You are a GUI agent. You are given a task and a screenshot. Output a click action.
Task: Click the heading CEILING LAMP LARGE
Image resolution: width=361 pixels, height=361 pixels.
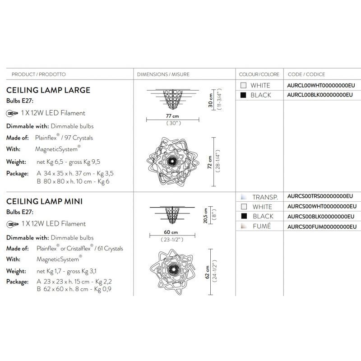click(x=48, y=90)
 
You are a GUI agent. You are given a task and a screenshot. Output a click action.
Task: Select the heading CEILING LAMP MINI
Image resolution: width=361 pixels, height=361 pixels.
click(x=44, y=201)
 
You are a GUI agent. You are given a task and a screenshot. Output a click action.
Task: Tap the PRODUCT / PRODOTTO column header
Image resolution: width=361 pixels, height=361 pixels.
click(x=39, y=74)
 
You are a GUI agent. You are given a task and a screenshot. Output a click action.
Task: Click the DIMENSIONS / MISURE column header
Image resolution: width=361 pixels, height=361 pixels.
click(x=163, y=74)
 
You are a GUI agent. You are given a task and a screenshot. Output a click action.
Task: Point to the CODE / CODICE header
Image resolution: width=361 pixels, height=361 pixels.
click(x=306, y=74)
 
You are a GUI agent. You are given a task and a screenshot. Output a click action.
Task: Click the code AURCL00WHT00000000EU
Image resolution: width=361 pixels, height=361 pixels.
click(x=321, y=85)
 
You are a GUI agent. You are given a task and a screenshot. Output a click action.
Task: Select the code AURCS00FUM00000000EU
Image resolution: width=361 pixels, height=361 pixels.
click(x=322, y=227)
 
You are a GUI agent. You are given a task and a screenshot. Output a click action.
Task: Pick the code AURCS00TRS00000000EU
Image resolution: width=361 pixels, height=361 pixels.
click(x=320, y=196)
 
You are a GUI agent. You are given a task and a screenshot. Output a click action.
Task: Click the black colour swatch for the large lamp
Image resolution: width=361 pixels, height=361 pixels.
click(x=243, y=95)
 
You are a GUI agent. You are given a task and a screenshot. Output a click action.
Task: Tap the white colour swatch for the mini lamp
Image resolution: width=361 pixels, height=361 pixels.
click(x=244, y=206)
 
